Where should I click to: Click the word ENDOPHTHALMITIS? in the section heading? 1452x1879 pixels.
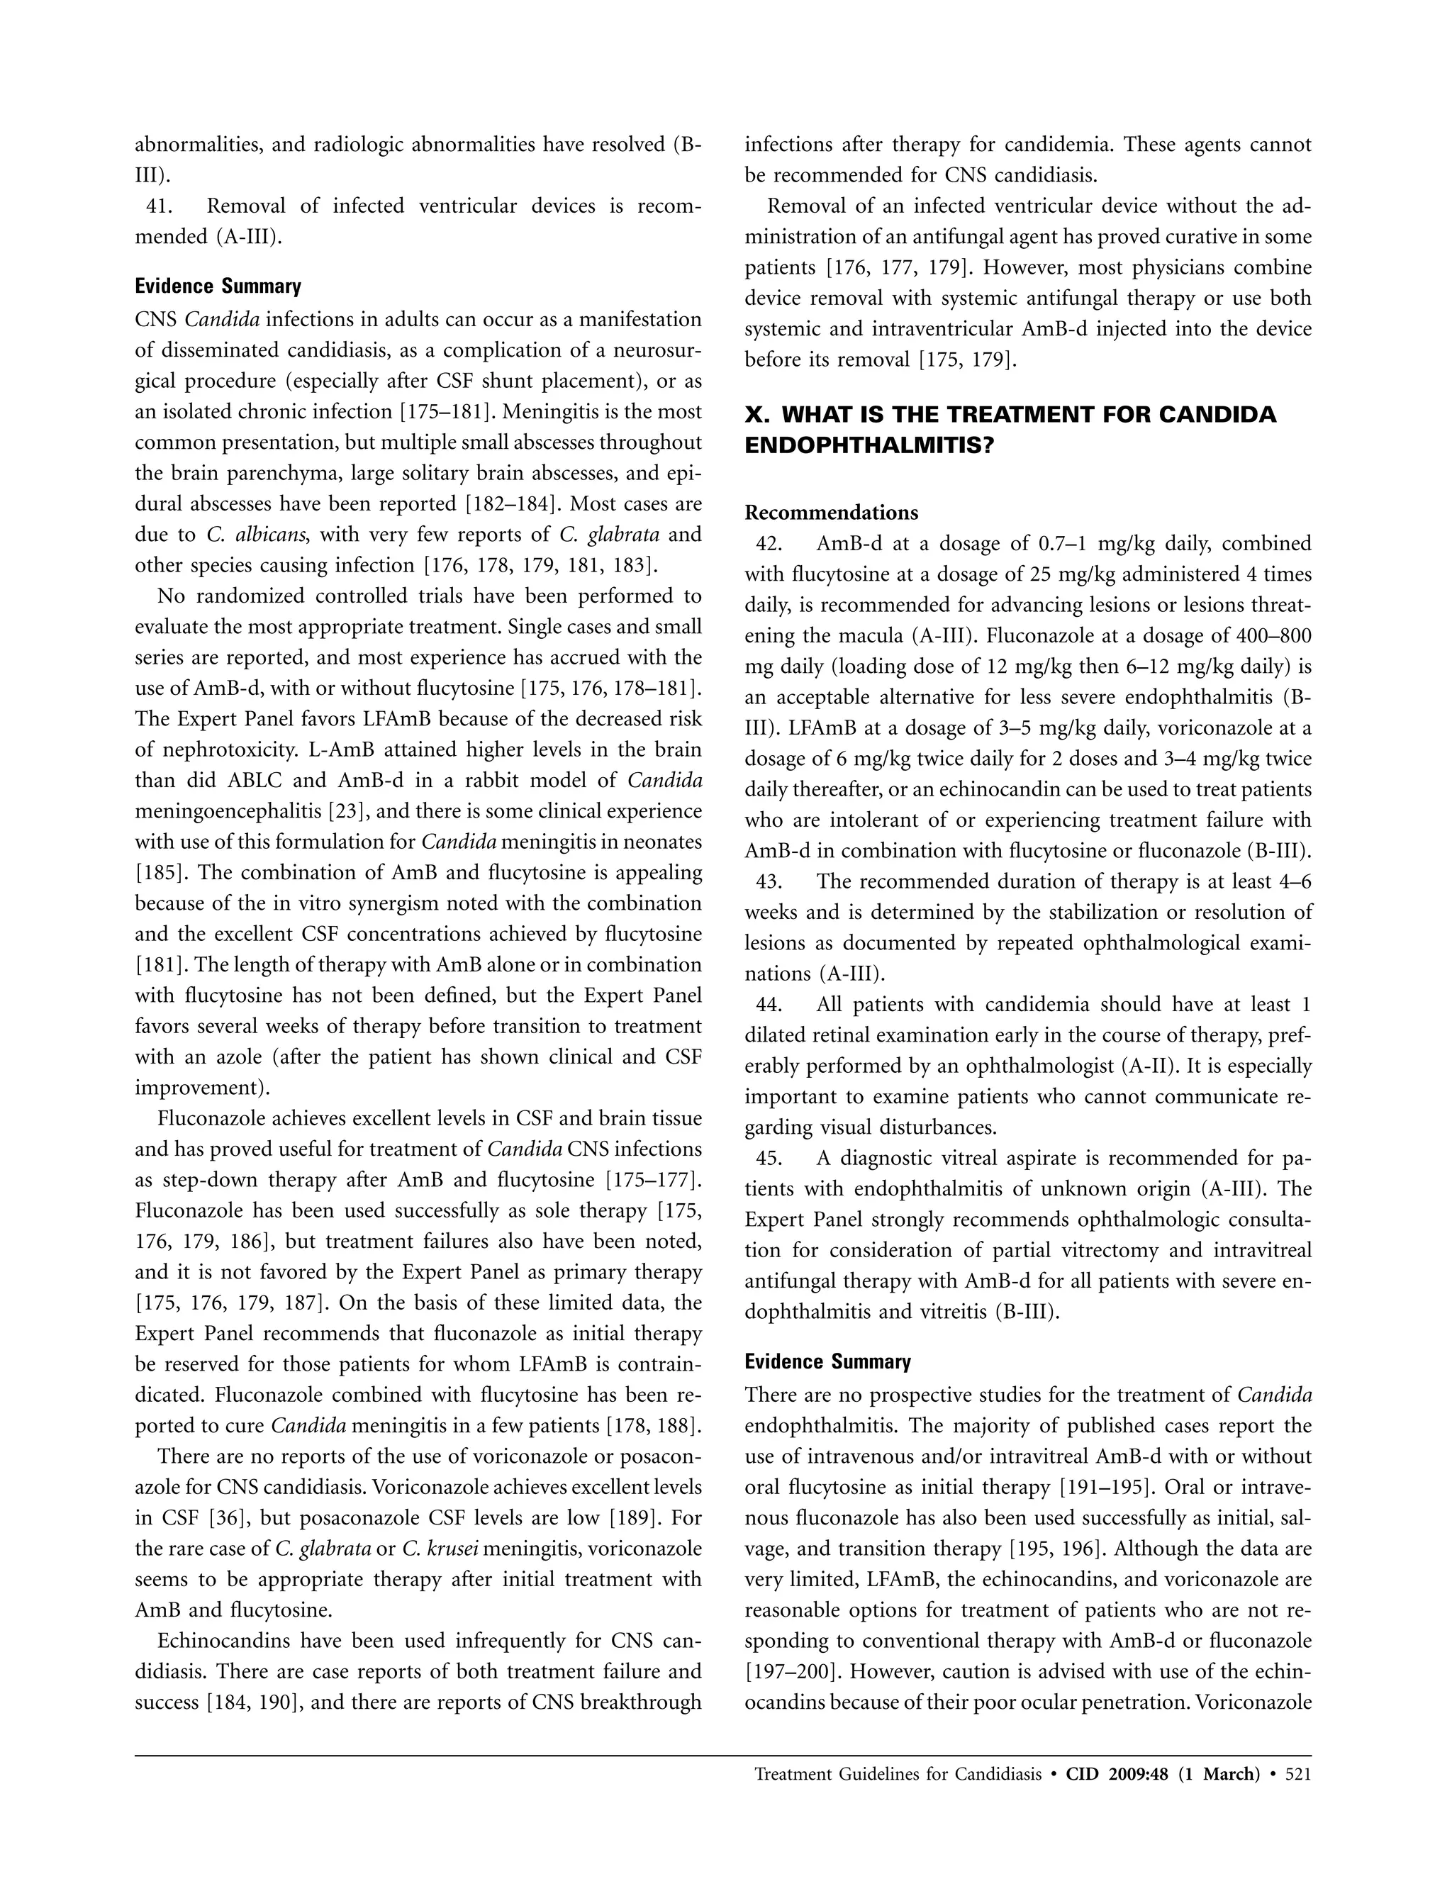click(869, 447)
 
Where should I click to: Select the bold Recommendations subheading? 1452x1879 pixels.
click(831, 513)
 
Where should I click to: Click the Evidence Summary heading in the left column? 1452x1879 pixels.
click(218, 286)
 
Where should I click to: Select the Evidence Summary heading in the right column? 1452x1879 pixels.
click(827, 1362)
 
